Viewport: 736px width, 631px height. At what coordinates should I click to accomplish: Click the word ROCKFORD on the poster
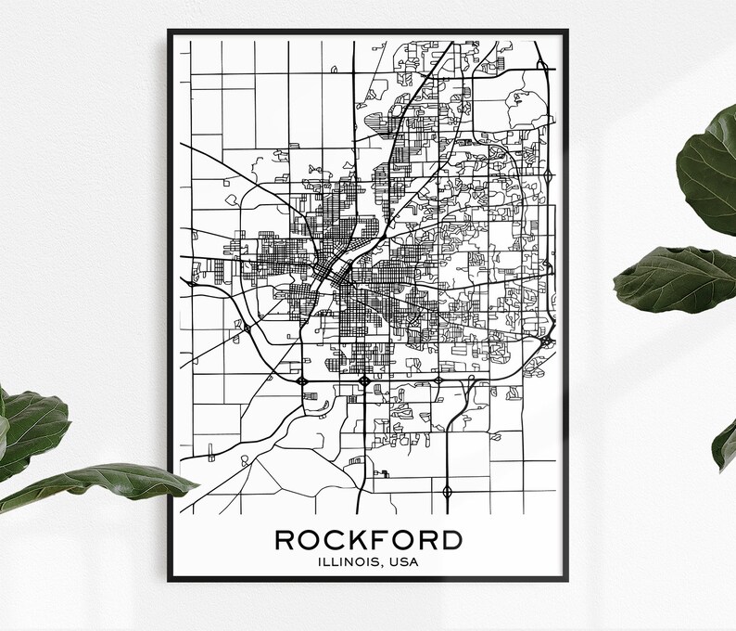[368, 539]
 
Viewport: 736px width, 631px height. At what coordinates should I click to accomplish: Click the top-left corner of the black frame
[169, 31]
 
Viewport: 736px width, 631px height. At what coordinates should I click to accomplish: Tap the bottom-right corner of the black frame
[567, 581]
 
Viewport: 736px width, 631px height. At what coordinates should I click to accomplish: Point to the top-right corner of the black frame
[567, 31]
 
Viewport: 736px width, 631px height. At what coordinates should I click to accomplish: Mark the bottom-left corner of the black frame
[169, 581]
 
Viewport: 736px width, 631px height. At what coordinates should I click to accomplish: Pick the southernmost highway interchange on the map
[448, 491]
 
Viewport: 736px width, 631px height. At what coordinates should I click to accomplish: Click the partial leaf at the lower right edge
[725, 445]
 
